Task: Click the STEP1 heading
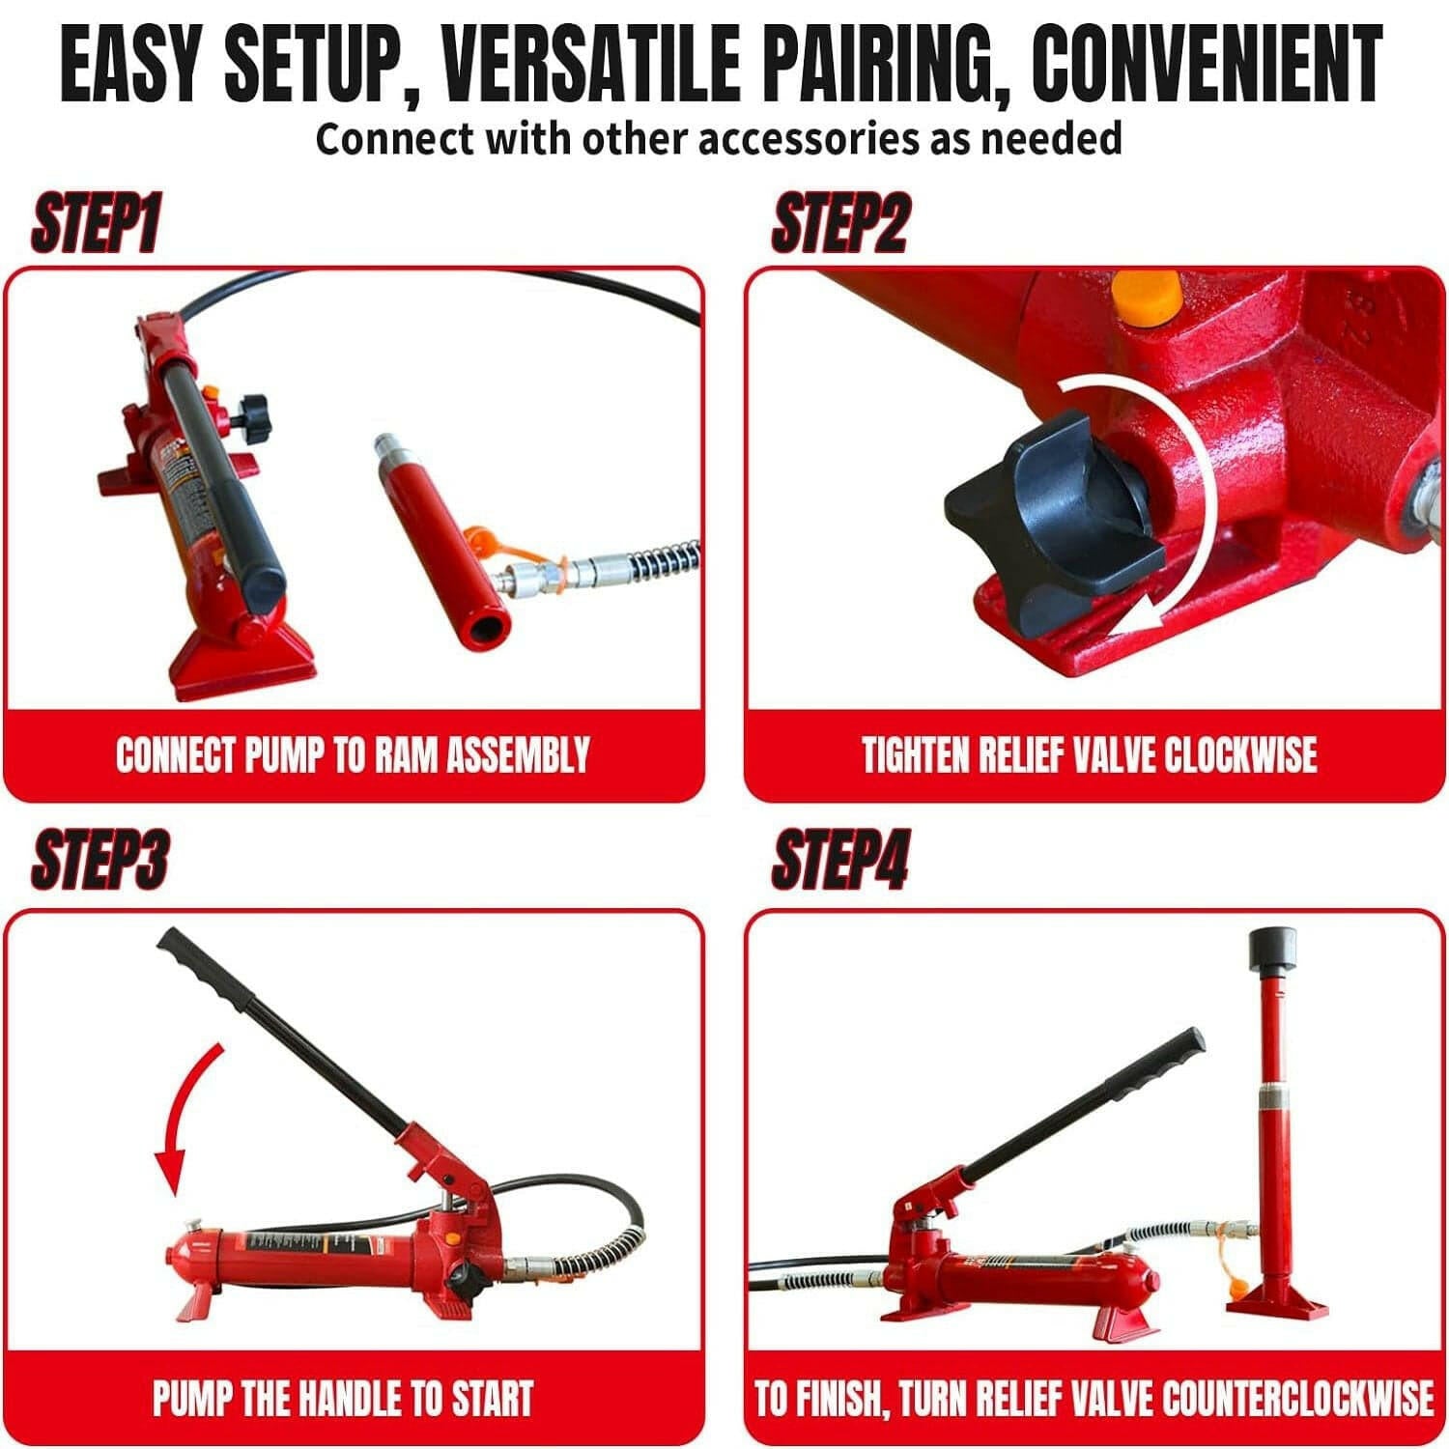coord(95,225)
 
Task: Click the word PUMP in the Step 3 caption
coord(190,1398)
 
